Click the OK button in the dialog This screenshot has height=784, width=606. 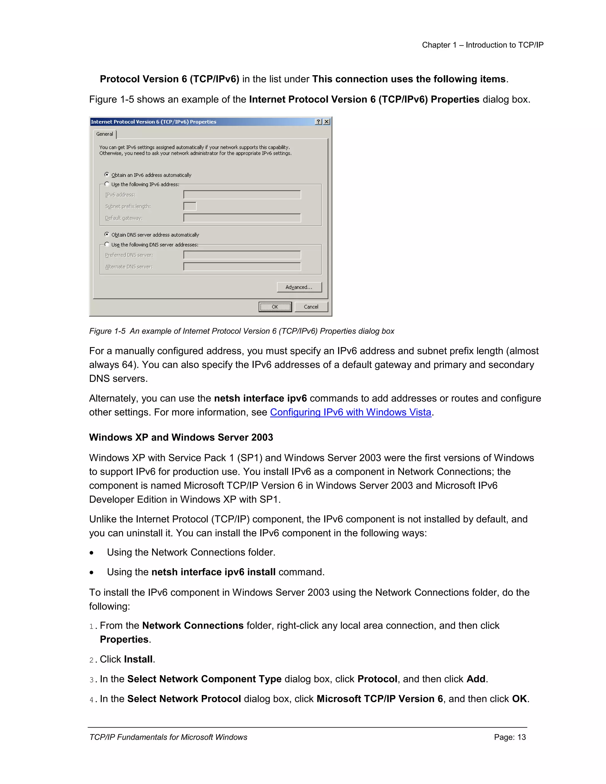click(275, 307)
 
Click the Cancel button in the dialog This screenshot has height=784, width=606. click(311, 307)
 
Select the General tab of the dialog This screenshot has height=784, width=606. click(104, 134)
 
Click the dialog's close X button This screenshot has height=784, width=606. click(326, 122)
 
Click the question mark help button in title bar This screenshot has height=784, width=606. click(318, 122)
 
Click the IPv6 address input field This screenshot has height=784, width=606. click(242, 195)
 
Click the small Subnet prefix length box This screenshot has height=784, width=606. click(190, 206)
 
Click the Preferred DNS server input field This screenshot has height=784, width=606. click(242, 255)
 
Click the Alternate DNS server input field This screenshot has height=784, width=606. click(242, 266)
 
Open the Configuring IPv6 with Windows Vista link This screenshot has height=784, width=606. click(350, 412)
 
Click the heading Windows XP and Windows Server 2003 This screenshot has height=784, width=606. click(181, 437)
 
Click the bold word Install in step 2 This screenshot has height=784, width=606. click(138, 659)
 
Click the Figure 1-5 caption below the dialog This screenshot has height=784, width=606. click(242, 331)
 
